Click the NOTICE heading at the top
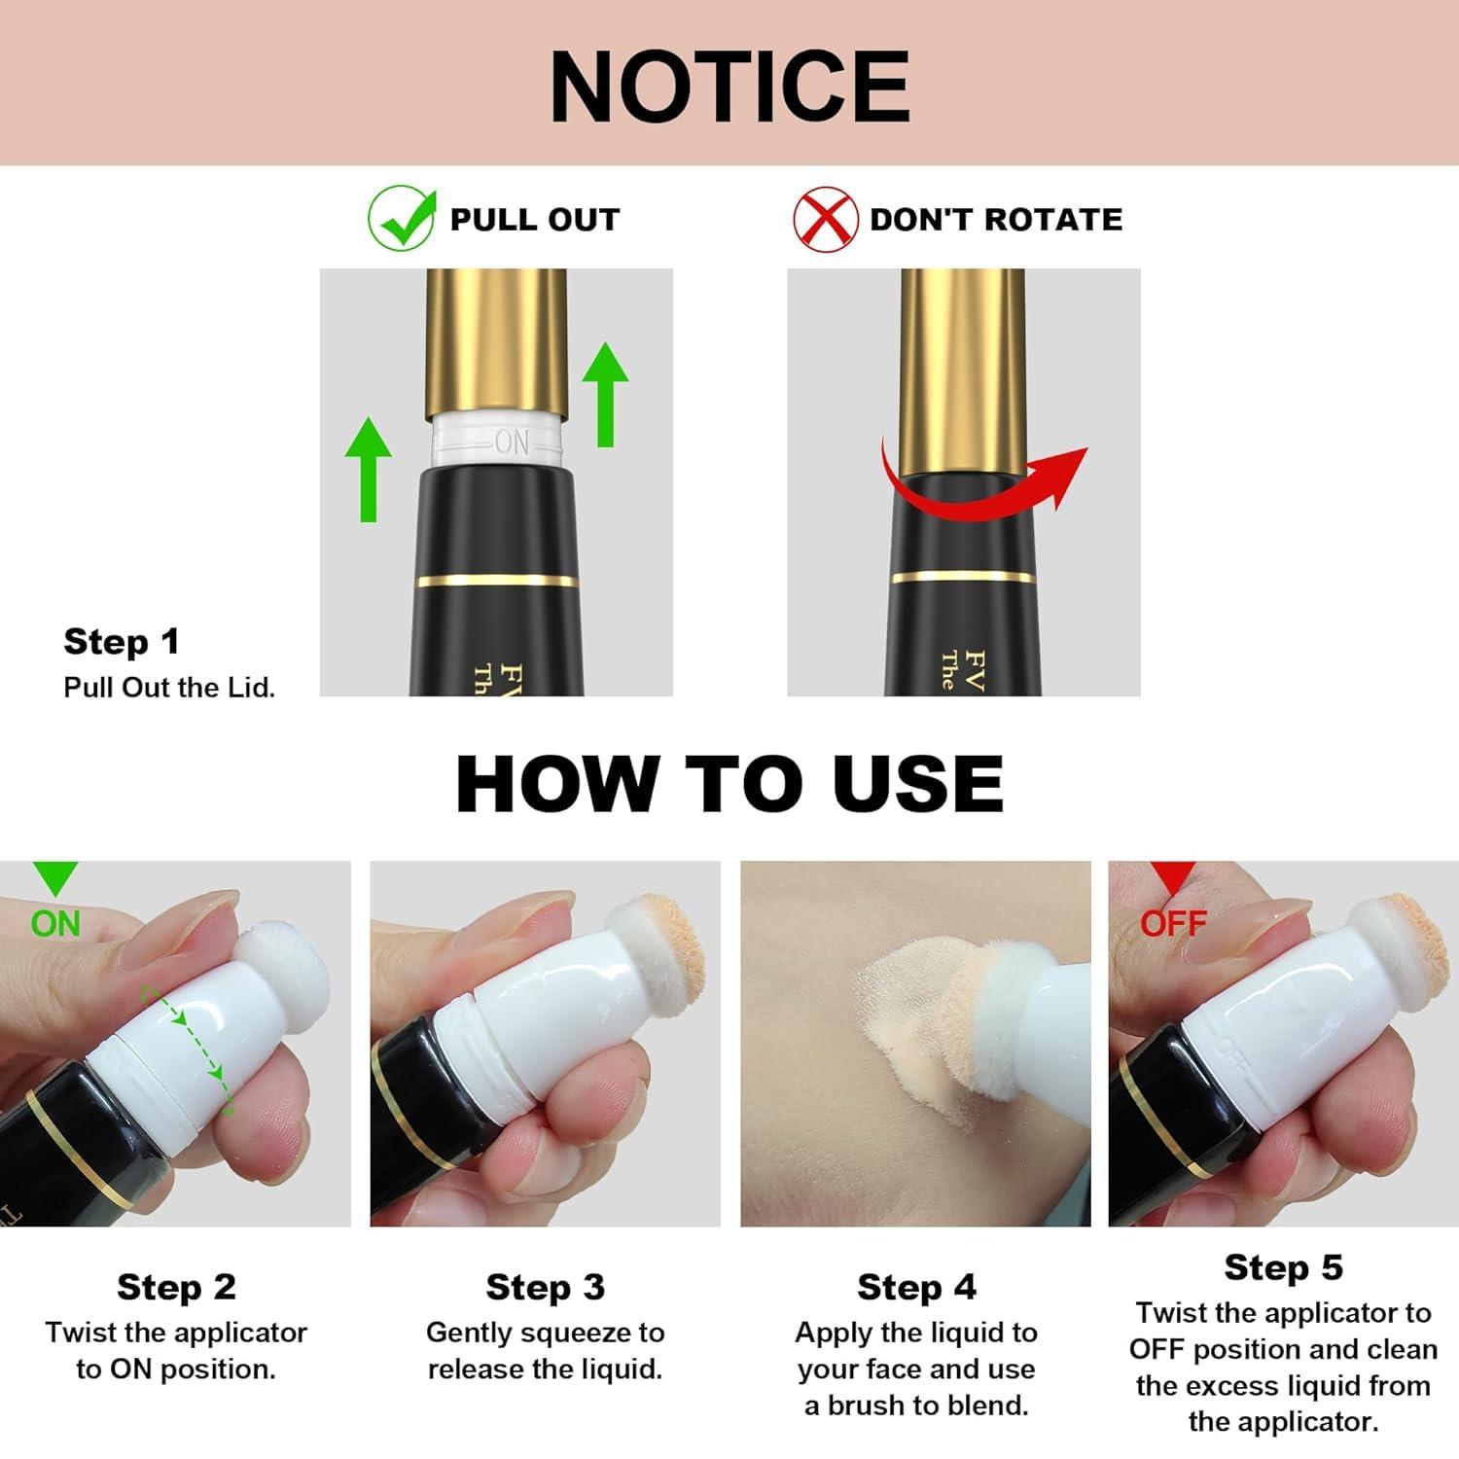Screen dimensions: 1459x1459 coord(729,86)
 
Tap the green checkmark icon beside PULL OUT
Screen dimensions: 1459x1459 coord(401,219)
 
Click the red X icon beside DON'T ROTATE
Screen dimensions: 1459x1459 coord(825,219)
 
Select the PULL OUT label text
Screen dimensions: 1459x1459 coord(534,220)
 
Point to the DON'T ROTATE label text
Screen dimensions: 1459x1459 coord(996,220)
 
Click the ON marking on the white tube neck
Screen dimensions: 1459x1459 coord(512,444)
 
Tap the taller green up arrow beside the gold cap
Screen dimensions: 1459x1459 coord(605,394)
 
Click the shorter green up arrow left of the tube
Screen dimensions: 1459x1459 coord(369,470)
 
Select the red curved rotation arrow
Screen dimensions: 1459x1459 coord(982,483)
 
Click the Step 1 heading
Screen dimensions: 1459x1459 coord(122,642)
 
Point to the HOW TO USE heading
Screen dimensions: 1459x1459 coord(729,784)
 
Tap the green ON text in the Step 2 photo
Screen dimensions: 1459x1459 coord(55,923)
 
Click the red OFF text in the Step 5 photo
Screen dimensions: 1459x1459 coord(1173,923)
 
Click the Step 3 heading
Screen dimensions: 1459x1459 coord(545,1287)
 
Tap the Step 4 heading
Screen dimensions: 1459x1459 coord(916,1287)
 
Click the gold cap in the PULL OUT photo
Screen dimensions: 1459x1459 coord(496,340)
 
